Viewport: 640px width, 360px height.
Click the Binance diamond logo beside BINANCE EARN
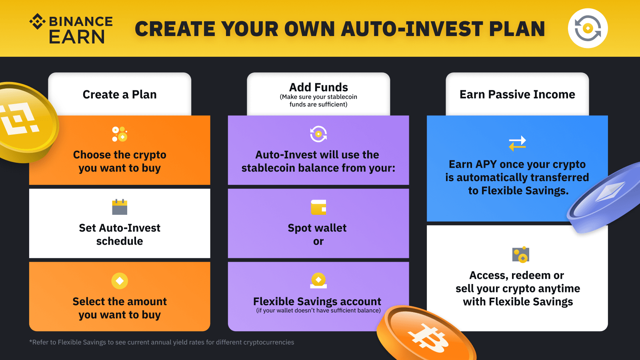click(x=38, y=22)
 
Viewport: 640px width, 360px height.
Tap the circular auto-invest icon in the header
click(x=588, y=28)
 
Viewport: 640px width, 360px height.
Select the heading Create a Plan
click(x=120, y=94)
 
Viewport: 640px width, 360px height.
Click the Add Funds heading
click(x=318, y=87)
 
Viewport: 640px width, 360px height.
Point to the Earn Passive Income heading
click(x=517, y=94)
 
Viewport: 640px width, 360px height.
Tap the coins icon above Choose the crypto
click(x=120, y=134)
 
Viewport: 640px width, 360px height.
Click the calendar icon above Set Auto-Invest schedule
click(x=120, y=207)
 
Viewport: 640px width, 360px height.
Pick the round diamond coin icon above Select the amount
click(x=120, y=280)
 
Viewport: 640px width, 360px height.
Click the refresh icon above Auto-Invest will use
click(x=318, y=134)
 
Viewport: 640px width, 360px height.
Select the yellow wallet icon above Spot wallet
click(x=318, y=207)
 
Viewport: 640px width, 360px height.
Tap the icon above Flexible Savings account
click(x=318, y=280)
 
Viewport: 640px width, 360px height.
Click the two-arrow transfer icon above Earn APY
click(x=518, y=143)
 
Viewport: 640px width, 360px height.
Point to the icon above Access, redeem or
click(x=520, y=254)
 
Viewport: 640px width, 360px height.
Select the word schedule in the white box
click(x=120, y=241)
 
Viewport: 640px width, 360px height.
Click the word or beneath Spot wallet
click(x=318, y=242)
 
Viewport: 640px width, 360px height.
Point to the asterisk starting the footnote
click(x=30, y=341)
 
